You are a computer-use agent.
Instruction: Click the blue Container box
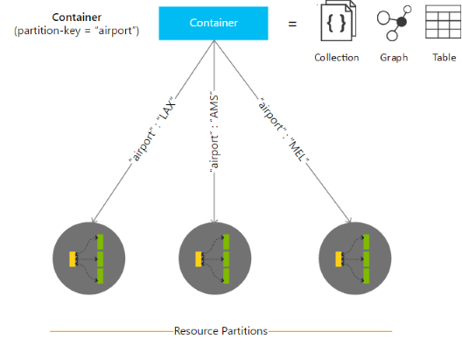[x=213, y=24]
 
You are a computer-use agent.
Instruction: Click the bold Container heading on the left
[x=76, y=18]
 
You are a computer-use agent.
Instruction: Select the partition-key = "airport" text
[x=76, y=32]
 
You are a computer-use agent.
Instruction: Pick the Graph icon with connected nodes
[x=394, y=25]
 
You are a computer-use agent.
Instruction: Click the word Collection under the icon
[x=337, y=58]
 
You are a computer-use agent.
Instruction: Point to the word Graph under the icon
[x=394, y=58]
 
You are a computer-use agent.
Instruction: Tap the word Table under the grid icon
[x=444, y=58]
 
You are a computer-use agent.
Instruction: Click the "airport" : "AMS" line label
[x=214, y=134]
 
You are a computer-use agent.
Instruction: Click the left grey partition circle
[x=88, y=258]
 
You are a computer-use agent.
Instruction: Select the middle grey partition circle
[x=214, y=258]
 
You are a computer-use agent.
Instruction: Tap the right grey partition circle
[x=353, y=258]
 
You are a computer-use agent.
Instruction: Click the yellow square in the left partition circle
[x=74, y=258]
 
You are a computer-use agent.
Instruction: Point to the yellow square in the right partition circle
[x=339, y=258]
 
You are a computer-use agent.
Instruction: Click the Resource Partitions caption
[x=220, y=331]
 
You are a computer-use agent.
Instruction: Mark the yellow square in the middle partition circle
[x=200, y=258]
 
